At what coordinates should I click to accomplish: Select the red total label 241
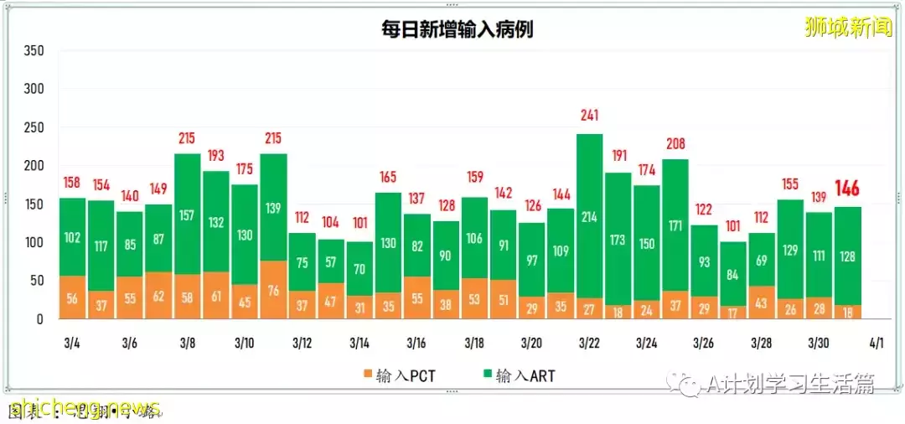[589, 116]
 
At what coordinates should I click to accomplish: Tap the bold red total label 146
[847, 188]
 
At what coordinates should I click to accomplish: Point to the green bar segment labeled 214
[589, 216]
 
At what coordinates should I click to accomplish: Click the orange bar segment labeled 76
[273, 291]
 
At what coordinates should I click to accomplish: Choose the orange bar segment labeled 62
[158, 296]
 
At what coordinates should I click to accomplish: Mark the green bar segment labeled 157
[188, 215]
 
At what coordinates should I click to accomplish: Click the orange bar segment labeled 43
[761, 302]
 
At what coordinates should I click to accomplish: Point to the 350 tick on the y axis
[34, 51]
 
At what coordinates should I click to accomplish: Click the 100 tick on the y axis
[34, 243]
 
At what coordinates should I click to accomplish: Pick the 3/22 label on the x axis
[589, 344]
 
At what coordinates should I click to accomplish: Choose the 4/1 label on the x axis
[876, 344]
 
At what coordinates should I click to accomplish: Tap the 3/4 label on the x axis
[72, 344]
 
